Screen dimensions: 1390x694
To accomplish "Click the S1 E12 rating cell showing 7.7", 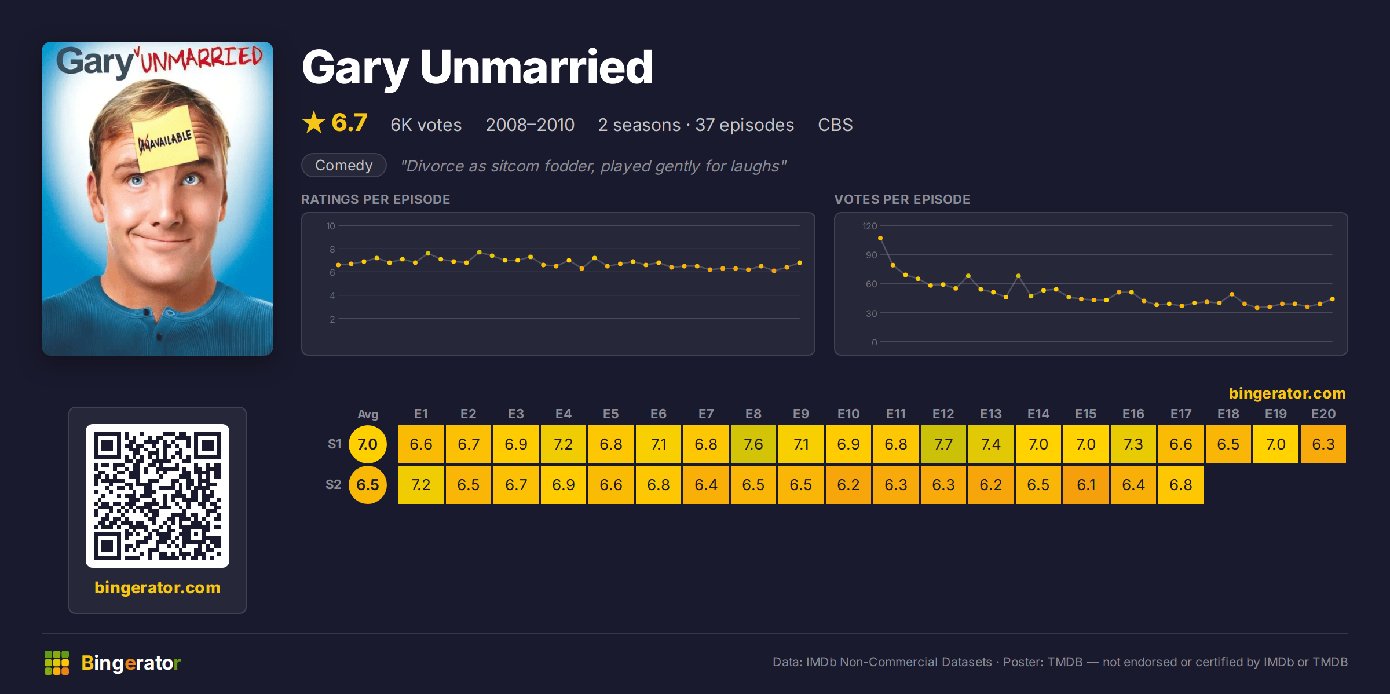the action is (x=943, y=444).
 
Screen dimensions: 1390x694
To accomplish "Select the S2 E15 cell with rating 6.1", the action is (x=1085, y=485).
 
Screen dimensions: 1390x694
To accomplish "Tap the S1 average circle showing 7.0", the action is (x=367, y=444).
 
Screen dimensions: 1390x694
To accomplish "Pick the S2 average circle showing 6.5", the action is (x=367, y=485).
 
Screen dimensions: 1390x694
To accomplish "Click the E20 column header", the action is (x=1323, y=414).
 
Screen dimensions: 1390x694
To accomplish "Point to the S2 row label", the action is (x=333, y=484).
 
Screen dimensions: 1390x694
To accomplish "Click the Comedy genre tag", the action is (x=343, y=165).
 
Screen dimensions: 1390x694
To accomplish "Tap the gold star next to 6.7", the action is (x=314, y=122).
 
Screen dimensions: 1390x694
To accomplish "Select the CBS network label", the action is (x=835, y=125).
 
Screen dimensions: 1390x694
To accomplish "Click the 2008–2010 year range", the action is (x=530, y=125).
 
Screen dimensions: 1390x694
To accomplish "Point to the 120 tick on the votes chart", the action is (x=869, y=226).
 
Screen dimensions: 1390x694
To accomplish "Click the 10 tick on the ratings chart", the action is (x=330, y=226).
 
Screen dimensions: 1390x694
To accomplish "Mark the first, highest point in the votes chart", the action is (x=880, y=238).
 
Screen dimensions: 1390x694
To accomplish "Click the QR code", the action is (x=158, y=496).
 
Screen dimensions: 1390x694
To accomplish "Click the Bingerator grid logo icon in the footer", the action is (x=57, y=663).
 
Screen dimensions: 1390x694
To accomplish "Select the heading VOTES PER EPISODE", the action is (x=902, y=199).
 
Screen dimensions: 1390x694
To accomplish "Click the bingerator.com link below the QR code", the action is (x=158, y=587).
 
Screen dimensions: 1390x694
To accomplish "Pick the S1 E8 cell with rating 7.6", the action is (x=753, y=444).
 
